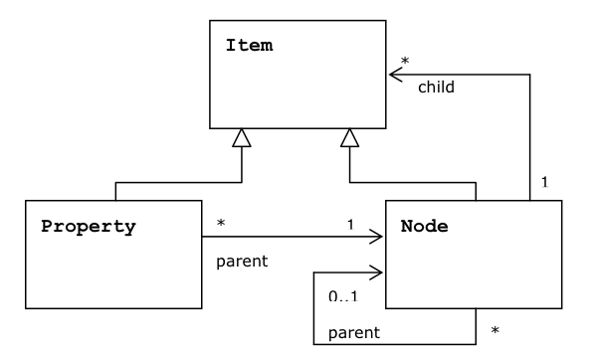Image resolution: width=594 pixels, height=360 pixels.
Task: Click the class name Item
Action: pyautogui.click(x=250, y=46)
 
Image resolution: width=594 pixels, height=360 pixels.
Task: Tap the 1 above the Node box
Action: pyautogui.click(x=544, y=183)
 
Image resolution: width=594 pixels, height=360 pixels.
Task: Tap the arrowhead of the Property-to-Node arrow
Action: pyautogui.click(x=377, y=238)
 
